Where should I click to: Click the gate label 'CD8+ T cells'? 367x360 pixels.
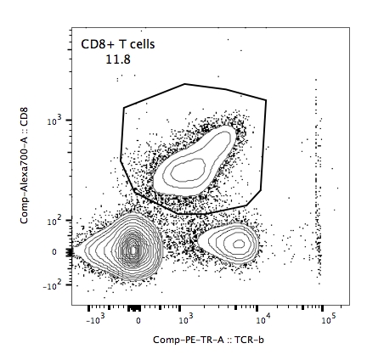point(118,44)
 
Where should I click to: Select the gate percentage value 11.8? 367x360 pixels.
point(118,59)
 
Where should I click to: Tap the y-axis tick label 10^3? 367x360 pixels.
point(55,121)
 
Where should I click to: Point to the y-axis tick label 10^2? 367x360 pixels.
point(55,220)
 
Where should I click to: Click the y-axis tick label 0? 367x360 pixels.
point(54,252)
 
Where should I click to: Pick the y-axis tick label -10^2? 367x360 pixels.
point(54,285)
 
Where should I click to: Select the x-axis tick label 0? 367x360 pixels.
point(138,321)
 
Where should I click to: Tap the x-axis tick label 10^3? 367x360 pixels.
point(186,320)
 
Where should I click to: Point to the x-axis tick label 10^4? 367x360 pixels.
point(263,320)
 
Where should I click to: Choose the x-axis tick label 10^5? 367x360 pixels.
point(329,320)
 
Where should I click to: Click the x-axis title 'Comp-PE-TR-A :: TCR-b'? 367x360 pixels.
point(208,340)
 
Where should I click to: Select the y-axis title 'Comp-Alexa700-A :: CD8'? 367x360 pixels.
point(24,165)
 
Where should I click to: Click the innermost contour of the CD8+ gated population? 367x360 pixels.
point(189,170)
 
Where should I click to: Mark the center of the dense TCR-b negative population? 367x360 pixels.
point(133,250)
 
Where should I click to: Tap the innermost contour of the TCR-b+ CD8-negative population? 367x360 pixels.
point(240,244)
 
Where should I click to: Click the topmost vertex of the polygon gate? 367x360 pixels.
point(184,84)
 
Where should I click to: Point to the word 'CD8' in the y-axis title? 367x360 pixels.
point(24,116)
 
